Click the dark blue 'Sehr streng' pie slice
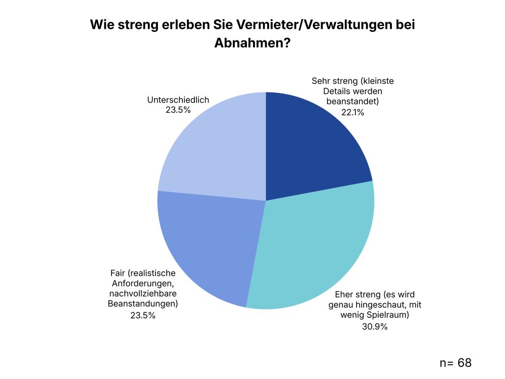click(x=313, y=147)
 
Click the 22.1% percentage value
click(x=352, y=113)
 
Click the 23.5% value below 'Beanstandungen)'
click(x=142, y=316)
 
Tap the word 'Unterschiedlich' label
click(x=178, y=100)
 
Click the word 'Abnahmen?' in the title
click(x=252, y=43)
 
